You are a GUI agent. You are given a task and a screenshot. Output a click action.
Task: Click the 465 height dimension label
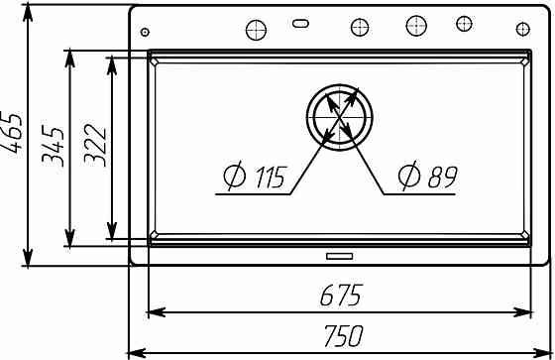click(x=12, y=133)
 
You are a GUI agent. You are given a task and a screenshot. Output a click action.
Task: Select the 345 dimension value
click(x=54, y=146)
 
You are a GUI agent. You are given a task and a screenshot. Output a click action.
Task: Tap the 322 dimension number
click(x=95, y=145)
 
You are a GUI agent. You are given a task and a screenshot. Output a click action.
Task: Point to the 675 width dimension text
click(x=341, y=295)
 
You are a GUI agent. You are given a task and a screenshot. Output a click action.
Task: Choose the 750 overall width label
click(x=343, y=336)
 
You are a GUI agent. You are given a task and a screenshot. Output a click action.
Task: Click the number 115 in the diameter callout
click(x=270, y=177)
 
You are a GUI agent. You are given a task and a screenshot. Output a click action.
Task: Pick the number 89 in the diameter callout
click(x=442, y=177)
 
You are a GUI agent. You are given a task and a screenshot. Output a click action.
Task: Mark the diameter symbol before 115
click(x=235, y=176)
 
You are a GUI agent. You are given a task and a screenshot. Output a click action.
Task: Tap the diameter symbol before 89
click(x=409, y=176)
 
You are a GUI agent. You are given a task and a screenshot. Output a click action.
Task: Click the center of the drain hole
click(x=339, y=117)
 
